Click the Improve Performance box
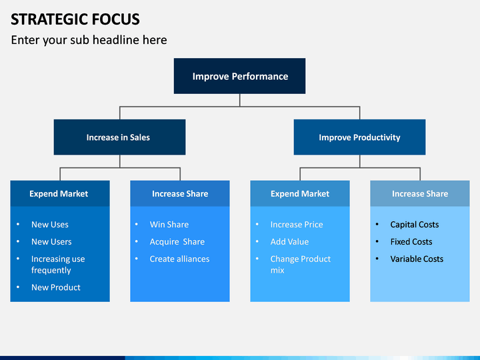[x=240, y=76]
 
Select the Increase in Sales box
[x=120, y=137]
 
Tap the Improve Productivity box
[x=360, y=137]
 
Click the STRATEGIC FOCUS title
[x=75, y=19]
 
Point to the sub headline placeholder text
[x=89, y=40]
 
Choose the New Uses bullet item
[x=50, y=225]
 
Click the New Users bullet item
[x=51, y=241]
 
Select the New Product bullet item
[x=56, y=287]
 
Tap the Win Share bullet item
[x=169, y=225]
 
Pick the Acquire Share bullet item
[x=177, y=242]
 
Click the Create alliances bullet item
[x=180, y=259]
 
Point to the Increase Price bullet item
[x=297, y=225]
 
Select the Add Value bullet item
[x=289, y=241]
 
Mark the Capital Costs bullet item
[x=415, y=225]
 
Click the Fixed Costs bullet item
[x=411, y=241]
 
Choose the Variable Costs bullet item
[x=417, y=259]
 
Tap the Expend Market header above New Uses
[x=59, y=193]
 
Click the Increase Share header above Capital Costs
[x=420, y=193]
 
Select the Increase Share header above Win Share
[x=180, y=193]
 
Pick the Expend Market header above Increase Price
[x=300, y=193]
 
